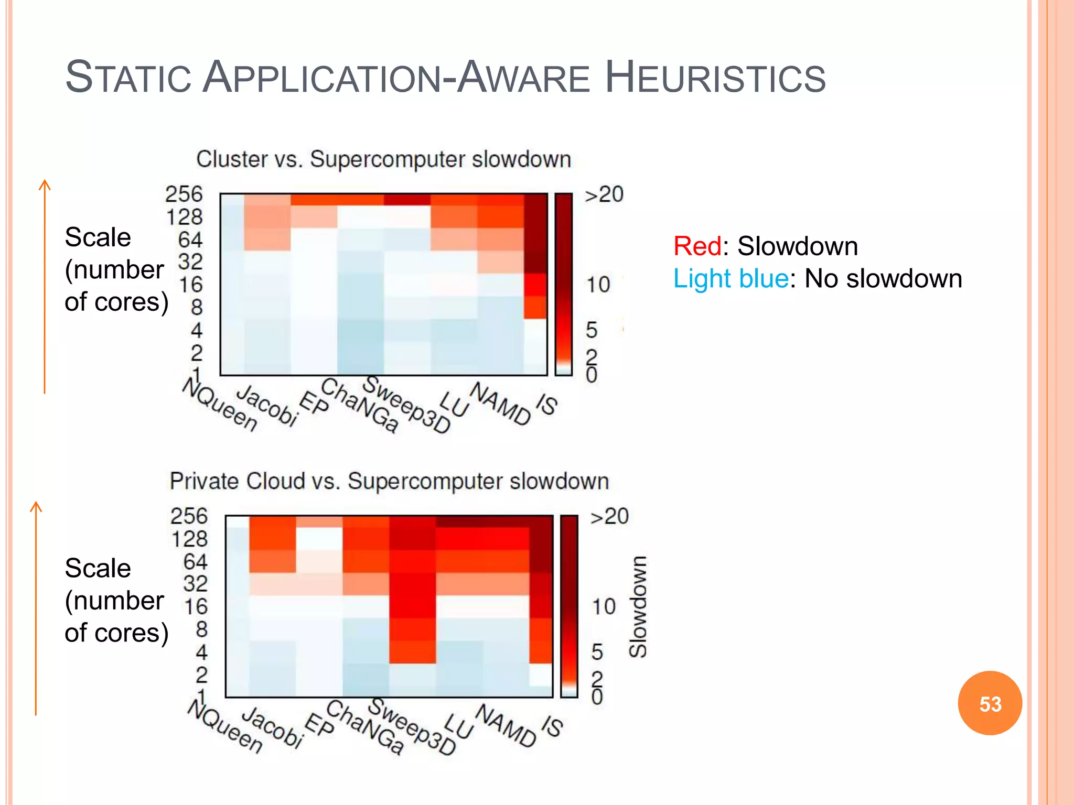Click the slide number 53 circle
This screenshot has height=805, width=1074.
pyautogui.click(x=990, y=703)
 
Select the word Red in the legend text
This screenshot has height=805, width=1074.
pyautogui.click(x=697, y=246)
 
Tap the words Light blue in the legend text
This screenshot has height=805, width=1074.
pyautogui.click(x=731, y=278)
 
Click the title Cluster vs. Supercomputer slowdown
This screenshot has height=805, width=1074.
pyautogui.click(x=383, y=159)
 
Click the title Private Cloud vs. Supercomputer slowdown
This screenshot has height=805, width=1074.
pyautogui.click(x=389, y=481)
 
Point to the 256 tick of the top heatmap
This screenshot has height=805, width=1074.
pyautogui.click(x=184, y=194)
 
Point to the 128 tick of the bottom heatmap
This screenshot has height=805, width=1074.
pyautogui.click(x=189, y=539)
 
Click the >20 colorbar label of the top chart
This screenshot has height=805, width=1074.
pyautogui.click(x=604, y=194)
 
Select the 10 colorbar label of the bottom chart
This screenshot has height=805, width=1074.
pyautogui.click(x=603, y=606)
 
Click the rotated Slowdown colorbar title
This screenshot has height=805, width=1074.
pyautogui.click(x=638, y=606)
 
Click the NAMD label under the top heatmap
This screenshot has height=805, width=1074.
pyautogui.click(x=500, y=404)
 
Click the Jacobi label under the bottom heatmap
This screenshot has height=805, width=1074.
pyautogui.click(x=272, y=726)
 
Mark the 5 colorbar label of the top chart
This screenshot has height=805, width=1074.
pyautogui.click(x=591, y=330)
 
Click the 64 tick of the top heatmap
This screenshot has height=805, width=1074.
pyautogui.click(x=190, y=240)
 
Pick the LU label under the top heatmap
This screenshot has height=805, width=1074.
pyautogui.click(x=453, y=404)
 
